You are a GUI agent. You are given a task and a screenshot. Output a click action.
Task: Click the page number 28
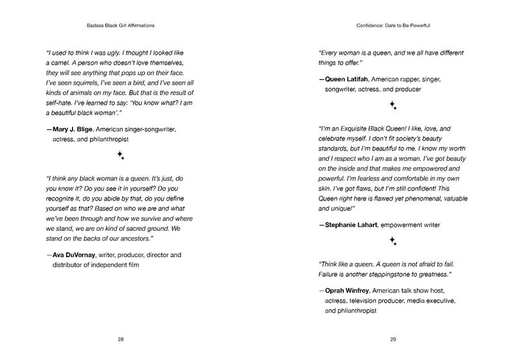(x=121, y=339)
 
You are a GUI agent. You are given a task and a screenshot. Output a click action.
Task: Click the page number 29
(x=393, y=339)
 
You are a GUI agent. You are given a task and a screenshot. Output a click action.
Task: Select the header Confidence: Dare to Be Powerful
(x=393, y=27)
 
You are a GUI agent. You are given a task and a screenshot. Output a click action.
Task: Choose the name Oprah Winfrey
(x=348, y=291)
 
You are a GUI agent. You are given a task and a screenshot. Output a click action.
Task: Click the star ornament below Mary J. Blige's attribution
(x=120, y=155)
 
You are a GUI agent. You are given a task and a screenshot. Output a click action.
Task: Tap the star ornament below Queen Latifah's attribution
(x=393, y=104)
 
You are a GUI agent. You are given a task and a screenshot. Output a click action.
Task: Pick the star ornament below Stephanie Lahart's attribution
(x=393, y=242)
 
